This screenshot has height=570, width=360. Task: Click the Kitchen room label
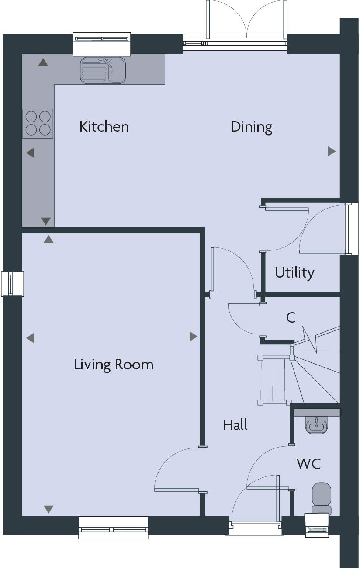[x=104, y=127]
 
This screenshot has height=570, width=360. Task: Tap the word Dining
[x=251, y=127]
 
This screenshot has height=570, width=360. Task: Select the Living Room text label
[x=113, y=365]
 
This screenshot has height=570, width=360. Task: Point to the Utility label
[x=294, y=273]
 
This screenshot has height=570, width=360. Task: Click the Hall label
[x=235, y=425]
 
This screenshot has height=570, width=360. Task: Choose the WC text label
[x=308, y=463]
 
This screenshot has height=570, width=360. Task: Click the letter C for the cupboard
[x=291, y=318]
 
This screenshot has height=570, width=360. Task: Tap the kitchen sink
[x=103, y=70]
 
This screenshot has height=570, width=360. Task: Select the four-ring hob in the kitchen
[x=38, y=123]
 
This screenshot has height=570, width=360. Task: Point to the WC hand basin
[x=316, y=424]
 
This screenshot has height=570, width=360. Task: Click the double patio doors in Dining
[x=247, y=22]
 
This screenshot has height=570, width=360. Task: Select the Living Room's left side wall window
[x=12, y=284]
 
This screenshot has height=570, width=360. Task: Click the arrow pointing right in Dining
[x=332, y=151]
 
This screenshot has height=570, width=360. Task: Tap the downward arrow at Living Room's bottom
[x=48, y=509]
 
